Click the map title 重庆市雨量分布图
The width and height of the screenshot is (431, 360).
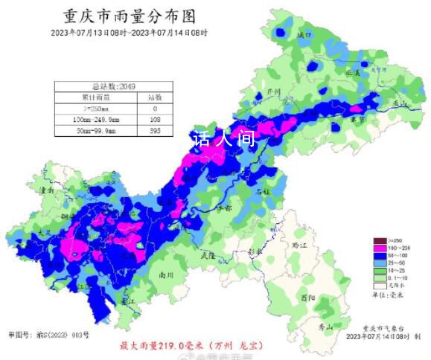(130, 16)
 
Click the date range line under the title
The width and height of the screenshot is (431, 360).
(130, 33)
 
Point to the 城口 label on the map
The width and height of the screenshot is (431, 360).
(302, 35)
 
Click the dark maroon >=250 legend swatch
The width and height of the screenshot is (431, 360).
(379, 240)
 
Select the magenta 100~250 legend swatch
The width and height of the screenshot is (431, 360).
(379, 248)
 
